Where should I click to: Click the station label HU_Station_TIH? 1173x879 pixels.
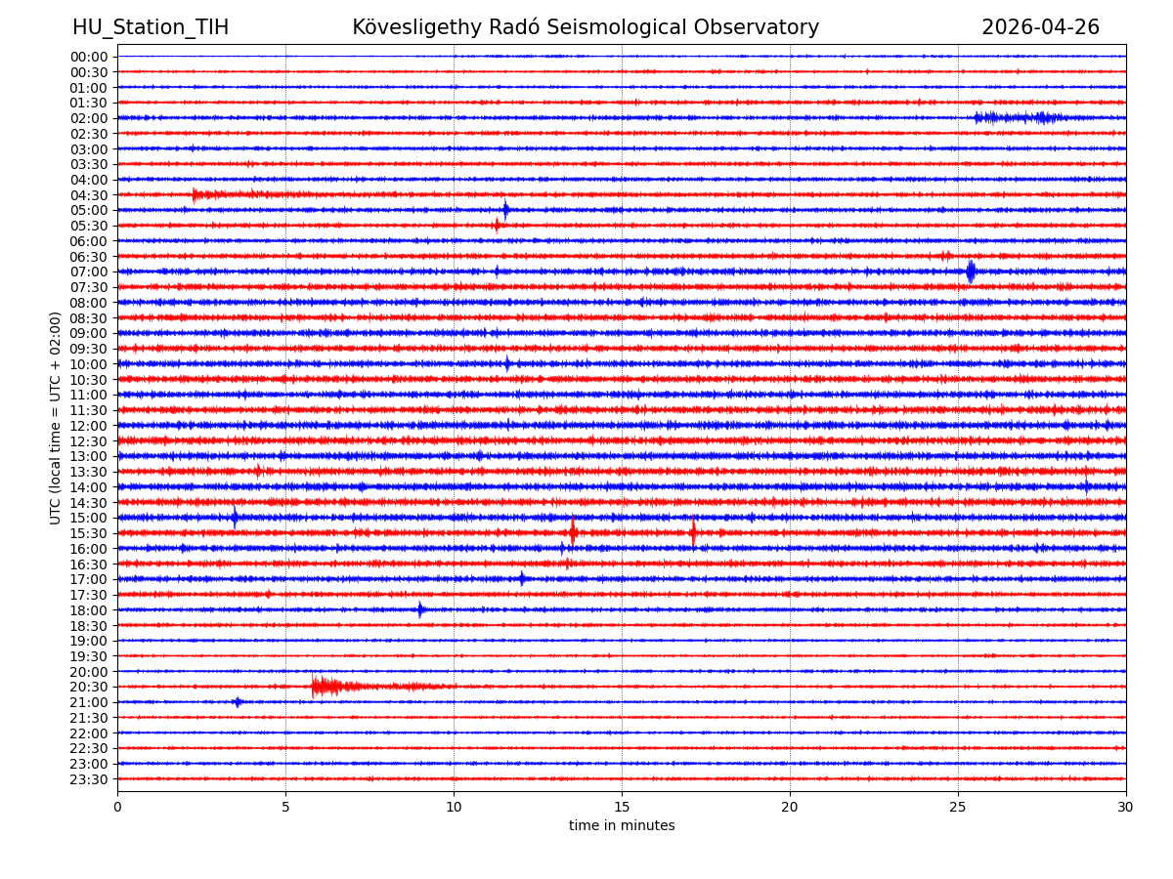[151, 28]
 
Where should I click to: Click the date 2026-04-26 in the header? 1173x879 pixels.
[1040, 28]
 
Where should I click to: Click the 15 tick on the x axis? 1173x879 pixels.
[622, 808]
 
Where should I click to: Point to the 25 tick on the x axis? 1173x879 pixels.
[958, 808]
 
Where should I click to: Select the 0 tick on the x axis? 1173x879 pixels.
[117, 808]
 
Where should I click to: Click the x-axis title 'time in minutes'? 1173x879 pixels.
[622, 826]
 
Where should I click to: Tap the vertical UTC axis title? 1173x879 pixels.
[57, 418]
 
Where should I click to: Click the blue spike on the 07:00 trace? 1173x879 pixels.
[971, 272]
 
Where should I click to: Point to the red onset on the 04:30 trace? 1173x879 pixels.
[195, 195]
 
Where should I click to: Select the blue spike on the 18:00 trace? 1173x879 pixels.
[420, 610]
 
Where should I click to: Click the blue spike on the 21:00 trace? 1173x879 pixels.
[237, 702]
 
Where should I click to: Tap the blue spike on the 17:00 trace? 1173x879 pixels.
[522, 579]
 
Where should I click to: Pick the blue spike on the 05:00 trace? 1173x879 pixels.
[505, 210]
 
